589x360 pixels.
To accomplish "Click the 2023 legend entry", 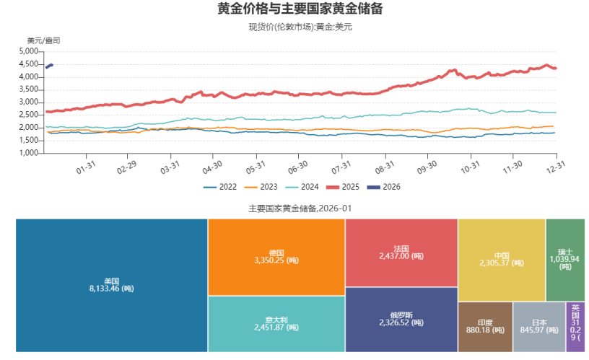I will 261,187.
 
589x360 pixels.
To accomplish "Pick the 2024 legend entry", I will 301,187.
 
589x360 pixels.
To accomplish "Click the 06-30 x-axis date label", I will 297,167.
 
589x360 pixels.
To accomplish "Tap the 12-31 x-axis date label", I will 554,167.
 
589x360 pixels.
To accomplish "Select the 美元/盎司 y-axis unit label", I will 43,40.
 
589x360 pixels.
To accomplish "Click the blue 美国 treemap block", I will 111,285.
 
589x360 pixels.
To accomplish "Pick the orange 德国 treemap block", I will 276,257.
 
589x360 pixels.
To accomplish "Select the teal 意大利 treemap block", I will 276,323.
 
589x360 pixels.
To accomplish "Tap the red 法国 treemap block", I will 401,252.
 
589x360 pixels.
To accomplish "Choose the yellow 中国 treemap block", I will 501,260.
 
